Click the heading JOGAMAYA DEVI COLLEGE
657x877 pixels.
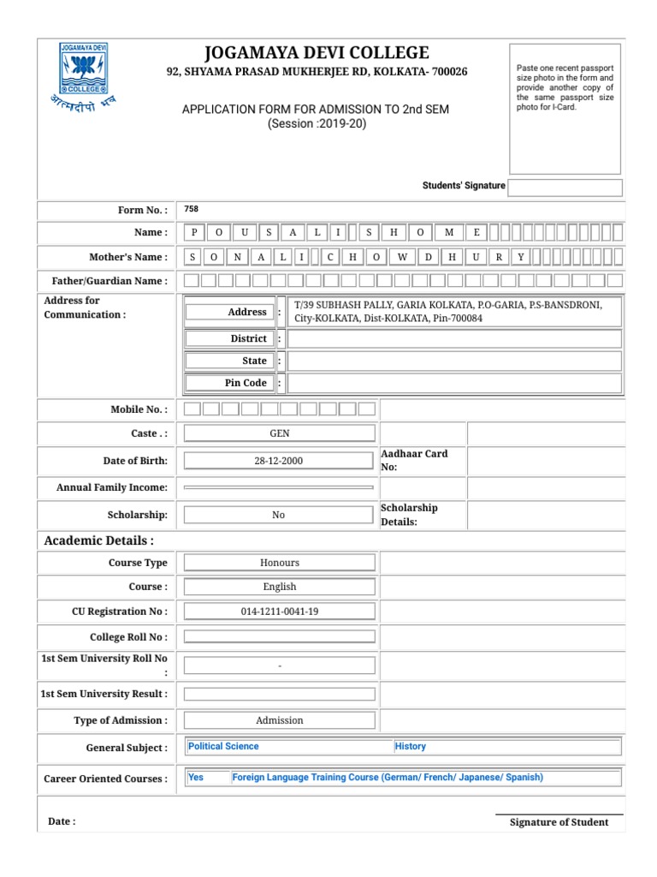tap(317, 52)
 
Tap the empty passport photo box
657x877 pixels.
tap(565, 108)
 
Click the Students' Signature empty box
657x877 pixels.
tap(565, 188)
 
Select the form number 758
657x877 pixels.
tap(192, 209)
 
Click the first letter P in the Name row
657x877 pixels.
tap(195, 232)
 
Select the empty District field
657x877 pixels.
tap(454, 338)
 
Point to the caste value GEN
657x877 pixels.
tap(279, 434)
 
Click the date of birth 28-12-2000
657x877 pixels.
tap(279, 461)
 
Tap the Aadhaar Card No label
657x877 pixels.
tap(414, 461)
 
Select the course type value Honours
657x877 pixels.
tap(279, 563)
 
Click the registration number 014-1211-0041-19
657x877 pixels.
tap(279, 612)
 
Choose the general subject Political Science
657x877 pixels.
tap(223, 746)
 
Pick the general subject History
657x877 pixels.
tap(411, 746)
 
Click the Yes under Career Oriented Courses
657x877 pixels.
tap(196, 778)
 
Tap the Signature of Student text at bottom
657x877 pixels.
tap(559, 822)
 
